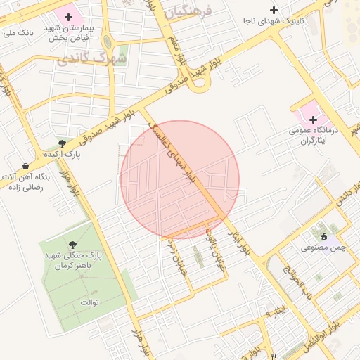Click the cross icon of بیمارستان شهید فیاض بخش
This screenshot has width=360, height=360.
pyautogui.click(x=69, y=16)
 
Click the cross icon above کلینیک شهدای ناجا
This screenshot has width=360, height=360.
pyautogui.click(x=274, y=10)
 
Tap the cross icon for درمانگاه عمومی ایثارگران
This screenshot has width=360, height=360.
pyautogui.click(x=313, y=120)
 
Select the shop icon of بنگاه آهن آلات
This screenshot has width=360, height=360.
pyautogui.click(x=26, y=167)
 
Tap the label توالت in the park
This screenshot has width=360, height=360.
pyautogui.click(x=88, y=302)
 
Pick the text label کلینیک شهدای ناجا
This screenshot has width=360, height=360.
pyautogui.click(x=274, y=21)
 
